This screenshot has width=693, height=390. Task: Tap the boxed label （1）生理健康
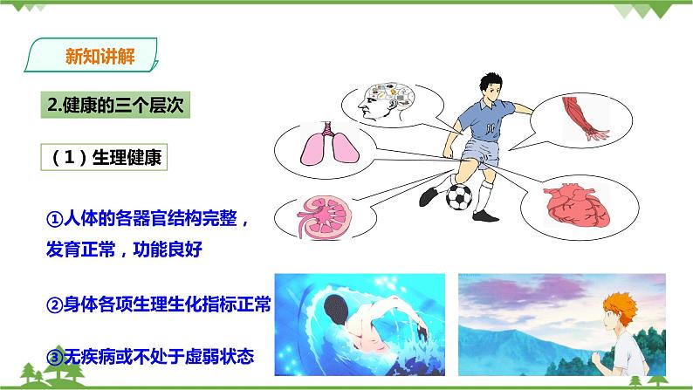point(103,157)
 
